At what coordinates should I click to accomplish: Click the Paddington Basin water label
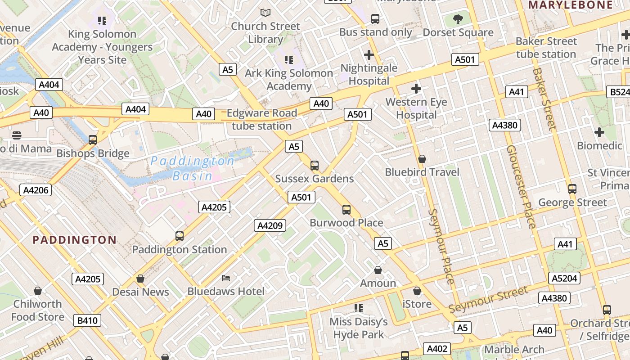[192, 168]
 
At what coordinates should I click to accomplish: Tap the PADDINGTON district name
[74, 240]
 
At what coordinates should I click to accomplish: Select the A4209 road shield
[270, 225]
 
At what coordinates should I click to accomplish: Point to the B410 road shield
[87, 320]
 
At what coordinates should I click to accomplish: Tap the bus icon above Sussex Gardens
[315, 165]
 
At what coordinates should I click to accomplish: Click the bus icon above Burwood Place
[346, 209]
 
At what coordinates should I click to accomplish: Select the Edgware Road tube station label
[262, 119]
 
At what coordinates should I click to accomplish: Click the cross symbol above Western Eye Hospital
[416, 89]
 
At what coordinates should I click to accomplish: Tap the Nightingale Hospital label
[369, 74]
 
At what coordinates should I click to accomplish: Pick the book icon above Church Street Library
[265, 13]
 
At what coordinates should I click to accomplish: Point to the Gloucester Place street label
[521, 186]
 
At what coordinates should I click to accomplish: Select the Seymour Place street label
[441, 247]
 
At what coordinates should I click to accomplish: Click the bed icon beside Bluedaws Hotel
[226, 278]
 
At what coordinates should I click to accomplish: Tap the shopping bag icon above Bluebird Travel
[422, 159]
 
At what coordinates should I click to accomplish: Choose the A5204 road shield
[564, 278]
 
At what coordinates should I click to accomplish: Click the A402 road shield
[436, 349]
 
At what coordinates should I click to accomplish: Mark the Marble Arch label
[514, 350]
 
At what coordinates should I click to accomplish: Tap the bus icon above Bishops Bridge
[93, 139]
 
